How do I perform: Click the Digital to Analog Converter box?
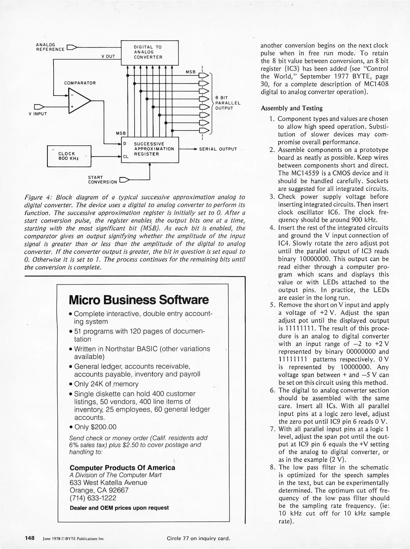pos(150,53)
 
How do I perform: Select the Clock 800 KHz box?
pos(69,156)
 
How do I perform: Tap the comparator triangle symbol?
pos(78,101)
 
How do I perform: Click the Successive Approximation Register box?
pos(150,149)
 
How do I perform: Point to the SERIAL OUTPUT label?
pos(218,149)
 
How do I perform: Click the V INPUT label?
pos(38,114)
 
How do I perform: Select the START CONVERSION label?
pos(102,180)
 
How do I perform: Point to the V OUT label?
pos(108,56)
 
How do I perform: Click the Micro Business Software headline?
pos(139,300)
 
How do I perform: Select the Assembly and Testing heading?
pos(291,108)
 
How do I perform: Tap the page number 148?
pos(30,538)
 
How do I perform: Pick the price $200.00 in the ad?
pos(103,427)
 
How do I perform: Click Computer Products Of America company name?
pos(122,468)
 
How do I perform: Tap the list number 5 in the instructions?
pos(273,305)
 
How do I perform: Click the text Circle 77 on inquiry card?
pos(198,538)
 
